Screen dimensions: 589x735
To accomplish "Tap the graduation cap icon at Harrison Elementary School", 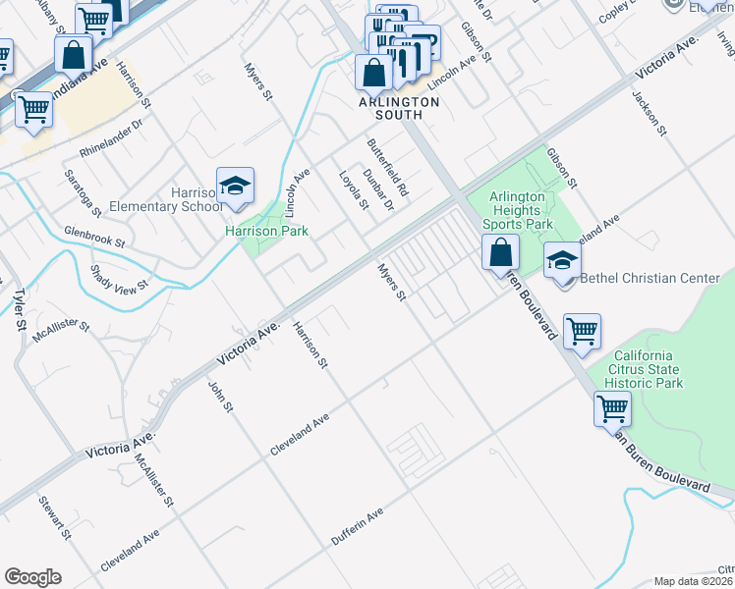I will (x=236, y=186).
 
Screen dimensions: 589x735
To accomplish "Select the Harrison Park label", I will (x=266, y=232).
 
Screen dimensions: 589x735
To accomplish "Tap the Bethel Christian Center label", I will (x=650, y=278).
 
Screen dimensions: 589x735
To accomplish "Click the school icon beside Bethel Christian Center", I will (x=562, y=261).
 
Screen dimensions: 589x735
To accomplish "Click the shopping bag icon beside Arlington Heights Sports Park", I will (x=501, y=252).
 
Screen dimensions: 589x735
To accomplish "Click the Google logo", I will (x=32, y=576).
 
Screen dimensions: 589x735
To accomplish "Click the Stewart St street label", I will (x=55, y=518).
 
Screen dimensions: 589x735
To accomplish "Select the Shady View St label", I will (x=118, y=277).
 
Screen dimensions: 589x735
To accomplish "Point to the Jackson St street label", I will (x=650, y=113).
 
